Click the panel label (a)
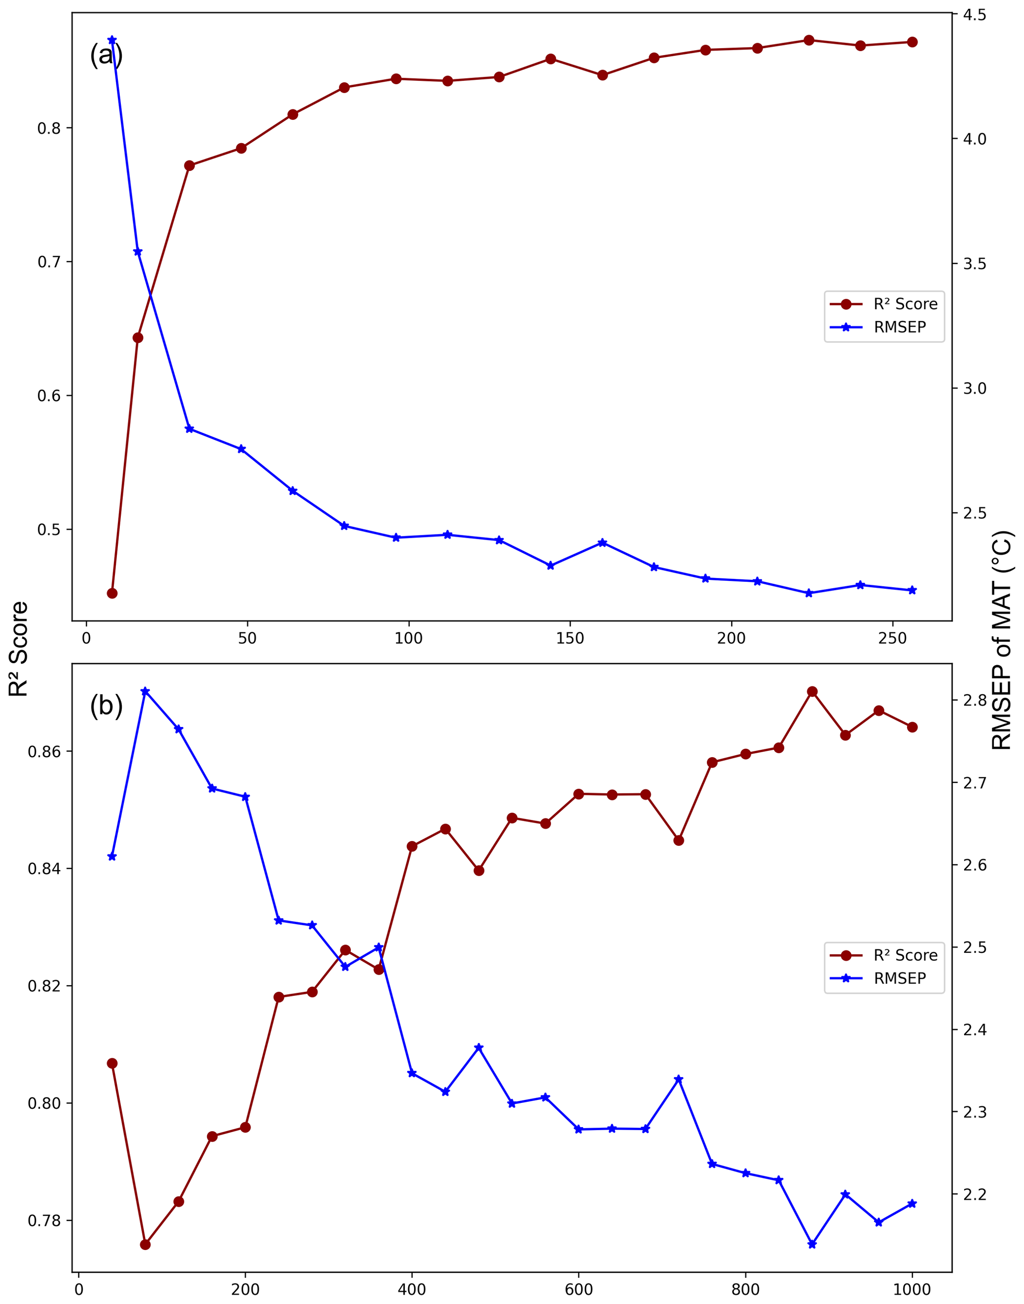click(106, 55)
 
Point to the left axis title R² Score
click(19, 648)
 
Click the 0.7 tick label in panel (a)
click(50, 262)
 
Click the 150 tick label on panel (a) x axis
click(570, 639)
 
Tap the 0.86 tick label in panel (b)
click(45, 751)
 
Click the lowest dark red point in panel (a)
click(112, 593)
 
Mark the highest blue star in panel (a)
click(112, 40)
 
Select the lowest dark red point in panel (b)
click(145, 1245)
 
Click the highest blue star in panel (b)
click(145, 691)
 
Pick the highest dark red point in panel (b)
click(812, 691)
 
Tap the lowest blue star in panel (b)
click(812, 1244)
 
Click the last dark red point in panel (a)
click(913, 42)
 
